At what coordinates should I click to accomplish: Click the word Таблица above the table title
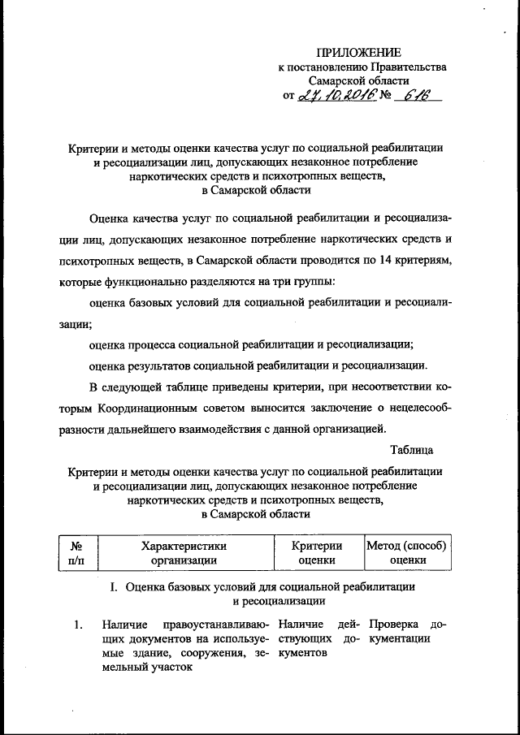[x=411, y=450]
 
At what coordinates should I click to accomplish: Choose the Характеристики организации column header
[x=184, y=552]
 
